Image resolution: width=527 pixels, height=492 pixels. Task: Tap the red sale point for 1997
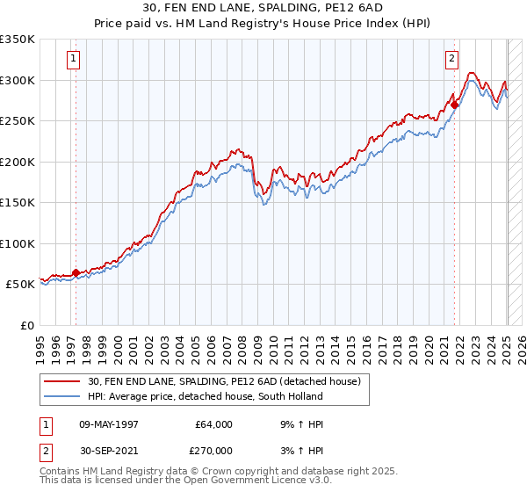[76, 272]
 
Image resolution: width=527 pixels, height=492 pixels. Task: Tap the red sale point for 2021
[455, 105]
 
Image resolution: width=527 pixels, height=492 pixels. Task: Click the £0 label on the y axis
[28, 325]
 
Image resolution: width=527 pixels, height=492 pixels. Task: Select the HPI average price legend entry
[206, 396]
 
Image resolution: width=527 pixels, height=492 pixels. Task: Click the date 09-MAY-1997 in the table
[109, 424]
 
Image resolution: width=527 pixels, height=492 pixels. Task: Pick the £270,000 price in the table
[213, 450]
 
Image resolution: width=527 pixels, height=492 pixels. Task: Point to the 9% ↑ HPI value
[296, 424]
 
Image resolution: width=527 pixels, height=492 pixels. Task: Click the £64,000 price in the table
[213, 424]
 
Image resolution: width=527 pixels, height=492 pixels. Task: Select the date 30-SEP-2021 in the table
[109, 450]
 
